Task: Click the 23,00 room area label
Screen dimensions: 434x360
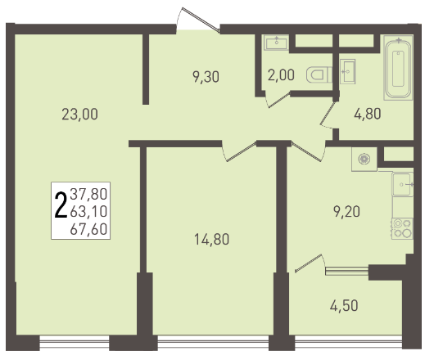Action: (79, 115)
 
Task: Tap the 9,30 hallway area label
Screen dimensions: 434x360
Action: (206, 77)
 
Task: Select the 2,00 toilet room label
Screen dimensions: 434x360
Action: (281, 75)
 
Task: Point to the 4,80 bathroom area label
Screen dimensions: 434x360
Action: (368, 114)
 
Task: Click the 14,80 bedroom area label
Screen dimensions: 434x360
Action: (212, 239)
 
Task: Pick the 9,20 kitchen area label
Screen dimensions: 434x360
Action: (346, 212)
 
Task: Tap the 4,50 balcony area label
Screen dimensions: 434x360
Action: (344, 306)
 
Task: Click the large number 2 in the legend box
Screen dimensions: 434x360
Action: (61, 205)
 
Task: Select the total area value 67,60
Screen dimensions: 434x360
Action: (88, 229)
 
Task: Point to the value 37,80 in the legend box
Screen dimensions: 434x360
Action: (88, 194)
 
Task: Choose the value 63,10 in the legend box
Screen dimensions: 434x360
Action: (88, 212)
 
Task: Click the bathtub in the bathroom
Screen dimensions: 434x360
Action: (398, 68)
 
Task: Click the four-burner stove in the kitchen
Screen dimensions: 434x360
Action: (402, 229)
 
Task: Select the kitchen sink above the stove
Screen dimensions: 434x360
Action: (403, 184)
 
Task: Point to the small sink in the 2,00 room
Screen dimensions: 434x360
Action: (276, 43)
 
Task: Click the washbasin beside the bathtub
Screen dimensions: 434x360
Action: (347, 71)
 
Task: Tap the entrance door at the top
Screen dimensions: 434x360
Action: (198, 20)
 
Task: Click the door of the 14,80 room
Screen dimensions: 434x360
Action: (240, 151)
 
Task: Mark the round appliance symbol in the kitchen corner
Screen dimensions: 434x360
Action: (364, 159)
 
